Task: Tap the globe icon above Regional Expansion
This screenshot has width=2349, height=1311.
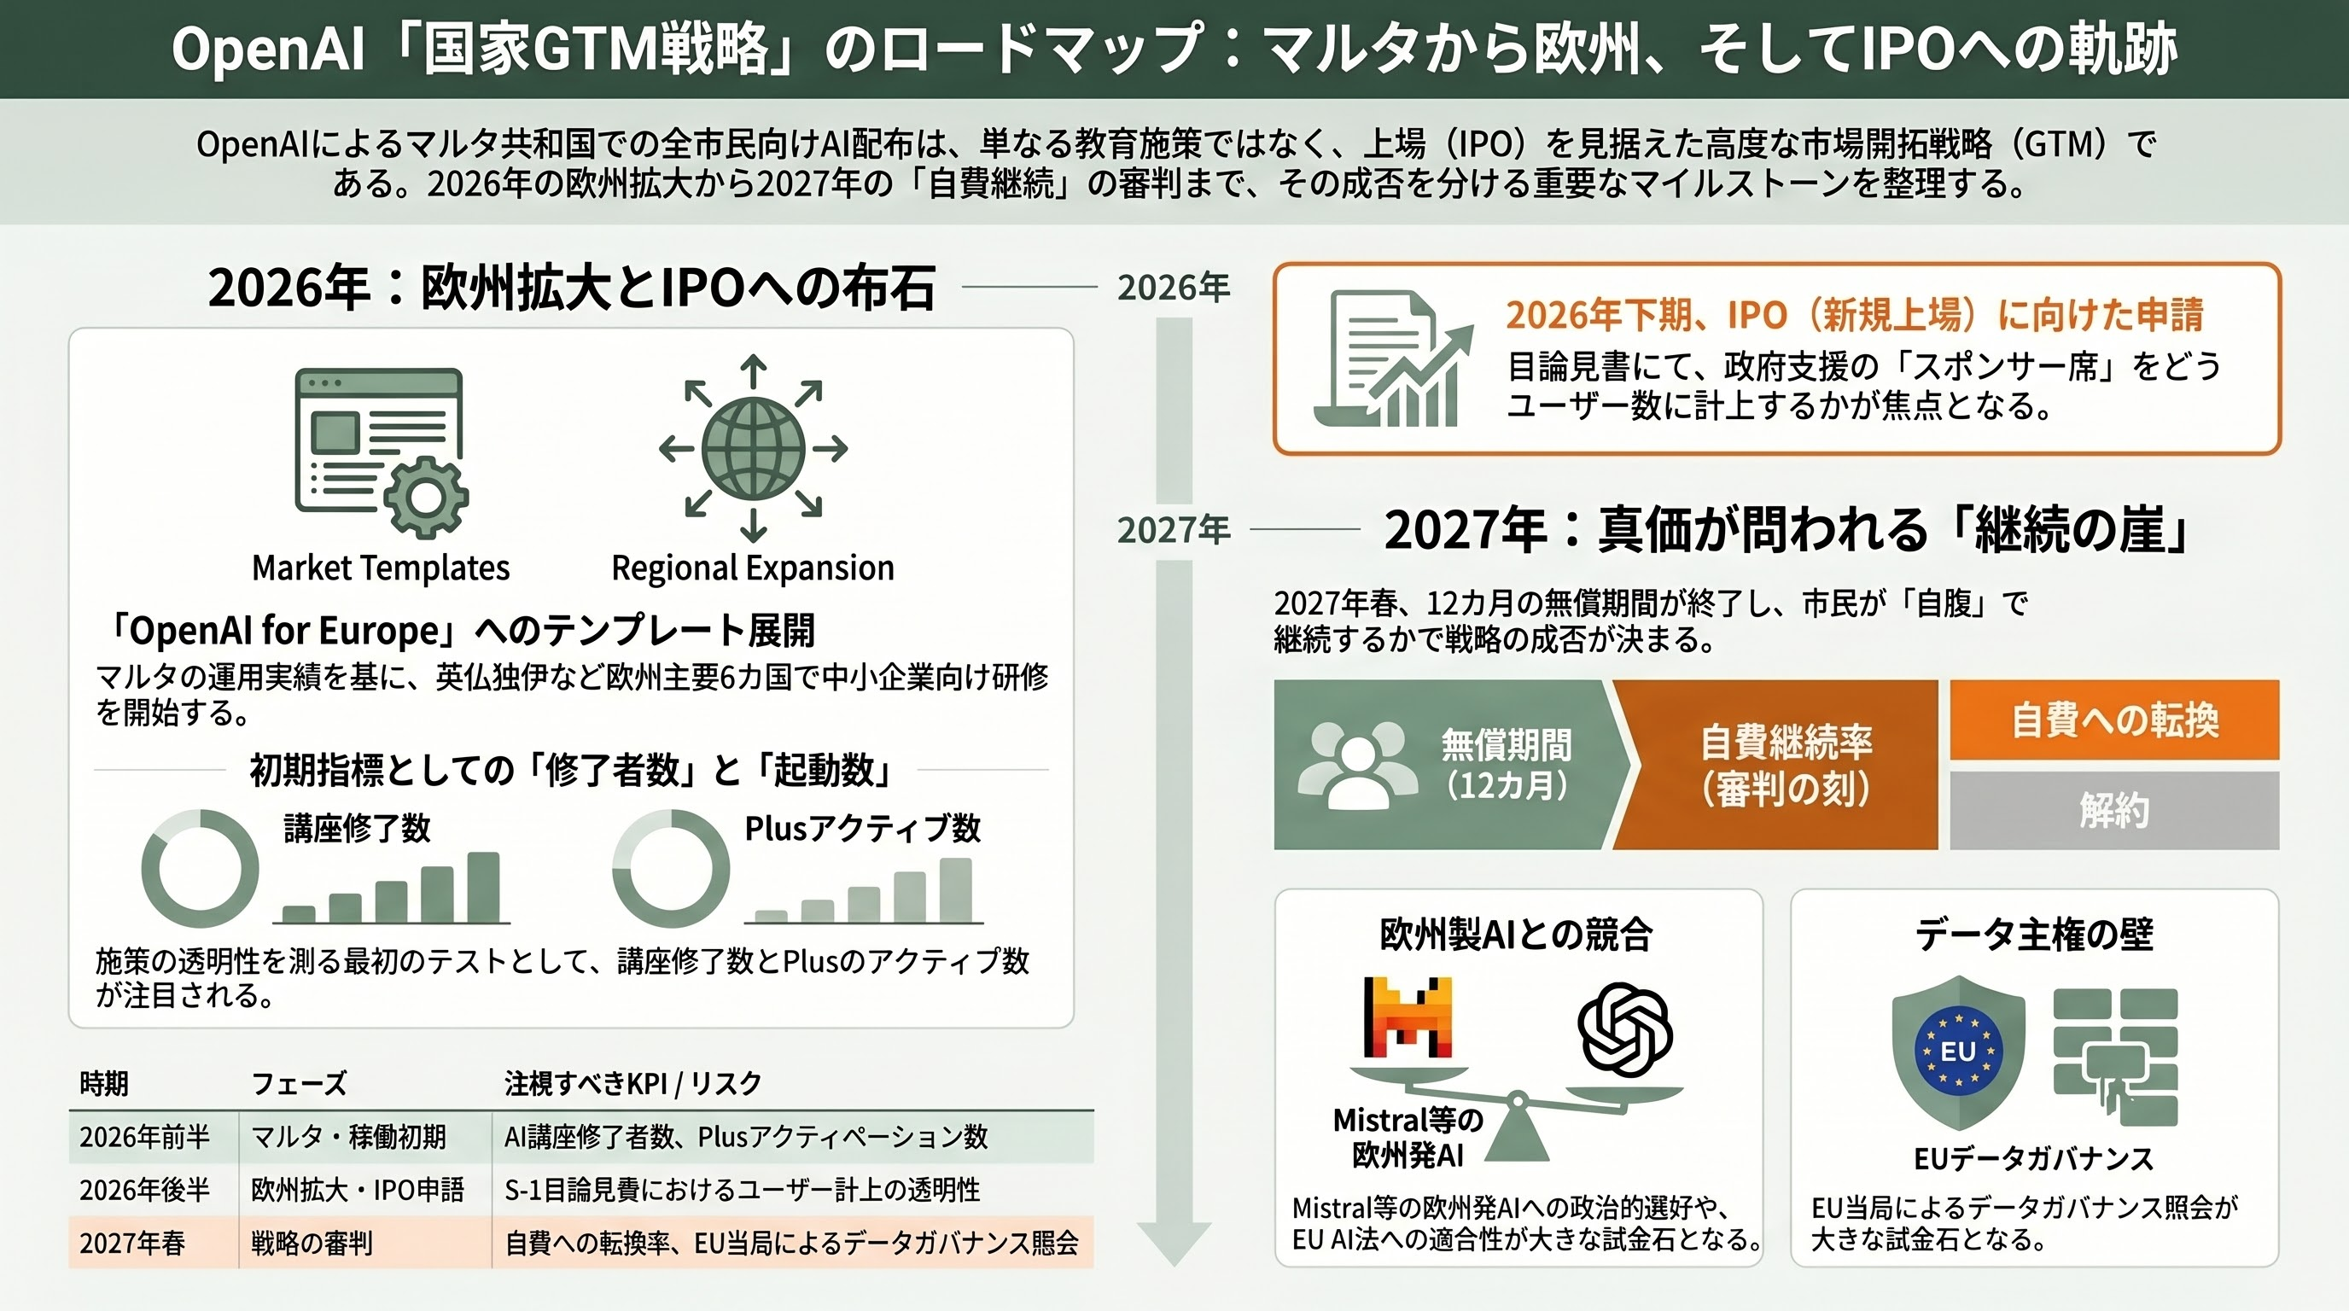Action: point(753,447)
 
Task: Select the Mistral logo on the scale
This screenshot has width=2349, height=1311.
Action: point(1408,1017)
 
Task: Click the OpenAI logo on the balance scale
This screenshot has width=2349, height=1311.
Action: point(1624,1028)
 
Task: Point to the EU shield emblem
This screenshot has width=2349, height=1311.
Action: point(1958,1051)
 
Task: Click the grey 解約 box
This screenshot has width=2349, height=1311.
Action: point(2113,810)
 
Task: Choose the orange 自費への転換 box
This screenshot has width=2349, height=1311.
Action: point(2113,720)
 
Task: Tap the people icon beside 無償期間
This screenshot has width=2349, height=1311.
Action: point(1357,765)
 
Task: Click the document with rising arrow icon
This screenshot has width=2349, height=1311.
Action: point(1393,358)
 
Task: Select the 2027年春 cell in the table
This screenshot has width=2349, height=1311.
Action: point(132,1243)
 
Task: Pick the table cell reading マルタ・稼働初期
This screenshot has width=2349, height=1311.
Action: point(348,1137)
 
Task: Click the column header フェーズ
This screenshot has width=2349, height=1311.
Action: point(298,1083)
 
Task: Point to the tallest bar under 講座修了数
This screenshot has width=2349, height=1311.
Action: point(483,887)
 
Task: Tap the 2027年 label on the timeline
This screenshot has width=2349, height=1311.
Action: point(1174,530)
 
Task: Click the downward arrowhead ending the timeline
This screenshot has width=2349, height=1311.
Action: point(1174,1243)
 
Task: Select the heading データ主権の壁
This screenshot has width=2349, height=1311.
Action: point(2033,935)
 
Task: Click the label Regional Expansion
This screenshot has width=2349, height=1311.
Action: point(752,568)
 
